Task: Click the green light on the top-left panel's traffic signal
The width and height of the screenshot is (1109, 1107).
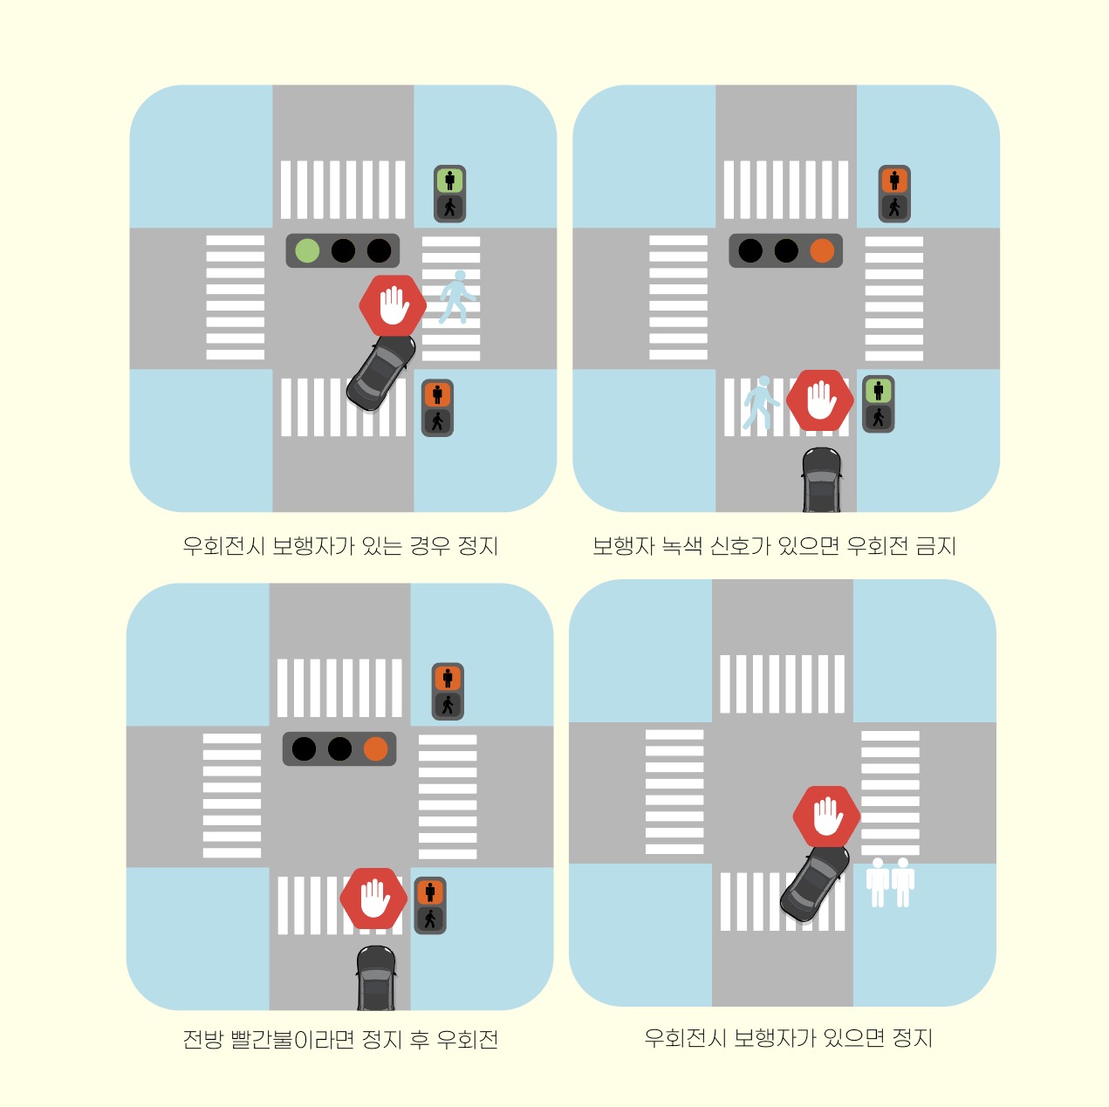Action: (307, 251)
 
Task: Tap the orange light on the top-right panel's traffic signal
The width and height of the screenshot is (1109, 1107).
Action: (822, 251)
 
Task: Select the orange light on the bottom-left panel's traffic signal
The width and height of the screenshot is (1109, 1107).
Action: (375, 749)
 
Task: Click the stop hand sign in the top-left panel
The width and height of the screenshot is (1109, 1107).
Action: (393, 305)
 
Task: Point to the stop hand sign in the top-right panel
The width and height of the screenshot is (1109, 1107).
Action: (819, 400)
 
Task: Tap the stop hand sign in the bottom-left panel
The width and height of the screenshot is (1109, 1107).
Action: (373, 898)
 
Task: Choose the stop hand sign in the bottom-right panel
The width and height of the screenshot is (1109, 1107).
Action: (826, 817)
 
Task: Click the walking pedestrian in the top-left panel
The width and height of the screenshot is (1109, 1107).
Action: (457, 297)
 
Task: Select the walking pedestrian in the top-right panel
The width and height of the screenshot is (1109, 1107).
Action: (760, 403)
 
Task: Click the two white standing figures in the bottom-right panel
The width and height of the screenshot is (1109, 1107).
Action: (890, 883)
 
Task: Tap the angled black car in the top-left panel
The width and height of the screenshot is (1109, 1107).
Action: (381, 372)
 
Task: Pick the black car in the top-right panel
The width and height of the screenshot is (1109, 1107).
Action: (822, 480)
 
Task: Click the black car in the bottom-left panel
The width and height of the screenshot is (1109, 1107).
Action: (376, 978)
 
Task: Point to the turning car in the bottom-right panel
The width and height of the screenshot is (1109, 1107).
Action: (815, 884)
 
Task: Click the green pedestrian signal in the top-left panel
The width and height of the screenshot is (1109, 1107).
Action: (449, 181)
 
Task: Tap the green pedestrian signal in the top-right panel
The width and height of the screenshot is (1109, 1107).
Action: (879, 390)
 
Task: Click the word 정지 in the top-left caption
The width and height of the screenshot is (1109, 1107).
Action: (477, 546)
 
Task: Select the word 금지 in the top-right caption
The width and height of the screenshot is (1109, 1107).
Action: (935, 546)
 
